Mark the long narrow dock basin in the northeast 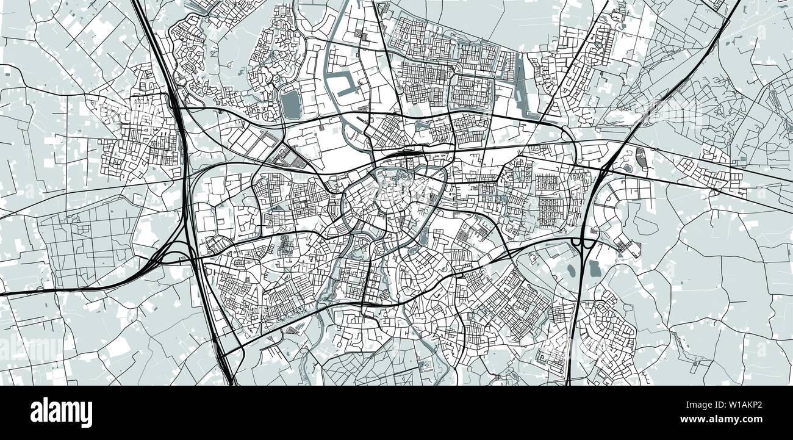[x=522, y=85]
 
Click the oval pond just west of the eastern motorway [x=571, y=269]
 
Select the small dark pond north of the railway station [x=422, y=126]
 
